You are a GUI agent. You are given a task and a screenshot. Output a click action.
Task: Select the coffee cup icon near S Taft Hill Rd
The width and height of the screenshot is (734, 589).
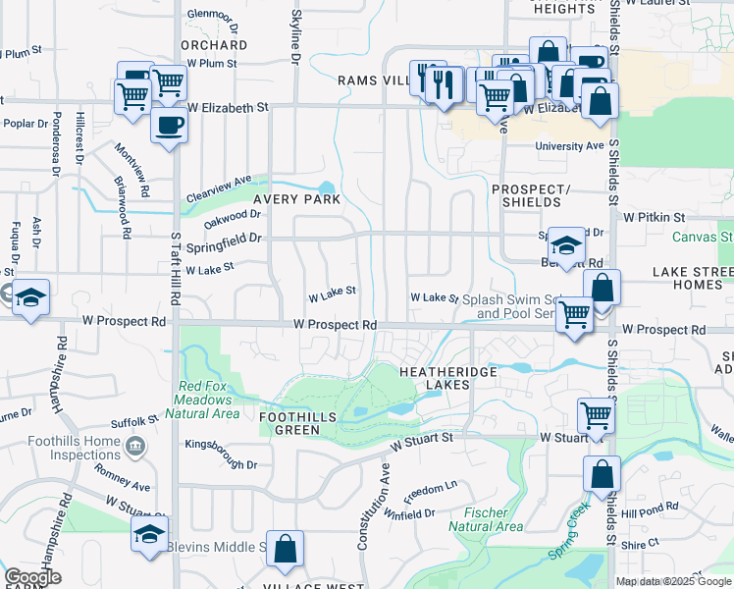pos(169,126)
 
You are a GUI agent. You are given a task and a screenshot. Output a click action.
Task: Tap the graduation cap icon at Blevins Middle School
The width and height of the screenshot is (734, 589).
pos(149,535)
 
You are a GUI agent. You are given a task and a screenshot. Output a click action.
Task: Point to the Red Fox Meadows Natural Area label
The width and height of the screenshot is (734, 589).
pos(206,400)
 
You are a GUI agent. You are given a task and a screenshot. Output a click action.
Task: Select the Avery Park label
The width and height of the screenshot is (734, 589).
pos(296,198)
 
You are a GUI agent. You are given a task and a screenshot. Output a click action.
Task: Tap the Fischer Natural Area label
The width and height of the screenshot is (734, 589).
pos(478,519)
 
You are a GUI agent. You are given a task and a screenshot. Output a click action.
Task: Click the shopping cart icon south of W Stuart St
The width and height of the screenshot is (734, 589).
pos(596,415)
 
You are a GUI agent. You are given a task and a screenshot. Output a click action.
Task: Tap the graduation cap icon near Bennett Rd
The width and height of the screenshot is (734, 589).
pos(566,244)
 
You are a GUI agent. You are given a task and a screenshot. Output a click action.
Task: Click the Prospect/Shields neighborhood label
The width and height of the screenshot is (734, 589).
pos(530,195)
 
